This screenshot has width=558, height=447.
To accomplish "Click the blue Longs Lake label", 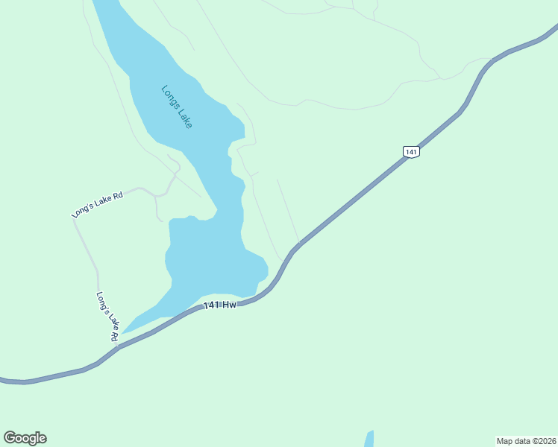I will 177,107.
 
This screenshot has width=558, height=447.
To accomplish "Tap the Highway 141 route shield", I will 411,151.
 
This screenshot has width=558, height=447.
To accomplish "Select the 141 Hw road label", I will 219,305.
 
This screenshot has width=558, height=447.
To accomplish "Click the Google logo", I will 25,438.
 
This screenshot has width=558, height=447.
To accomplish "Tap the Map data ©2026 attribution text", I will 526,440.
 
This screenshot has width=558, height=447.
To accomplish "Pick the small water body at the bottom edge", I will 369,439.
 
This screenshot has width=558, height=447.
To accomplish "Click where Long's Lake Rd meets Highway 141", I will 118,346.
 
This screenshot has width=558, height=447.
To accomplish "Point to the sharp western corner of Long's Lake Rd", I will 73,219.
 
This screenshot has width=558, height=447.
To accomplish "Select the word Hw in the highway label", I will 229,305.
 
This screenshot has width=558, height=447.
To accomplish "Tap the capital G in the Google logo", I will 10,437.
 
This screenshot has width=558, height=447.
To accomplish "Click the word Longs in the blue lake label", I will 169,95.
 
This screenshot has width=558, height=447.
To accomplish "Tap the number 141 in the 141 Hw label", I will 212,305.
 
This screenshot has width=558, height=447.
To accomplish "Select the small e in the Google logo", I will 43,439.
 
